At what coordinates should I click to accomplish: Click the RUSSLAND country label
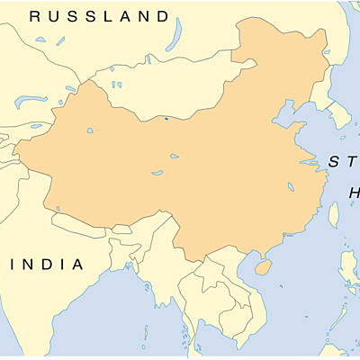tap(99, 16)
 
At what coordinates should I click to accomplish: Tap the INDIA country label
tap(46, 265)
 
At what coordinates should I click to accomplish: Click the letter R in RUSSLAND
tap(35, 16)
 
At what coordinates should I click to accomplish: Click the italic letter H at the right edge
tap(354, 193)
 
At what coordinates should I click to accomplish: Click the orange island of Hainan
tap(263, 267)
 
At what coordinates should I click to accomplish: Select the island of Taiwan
tap(332, 214)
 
